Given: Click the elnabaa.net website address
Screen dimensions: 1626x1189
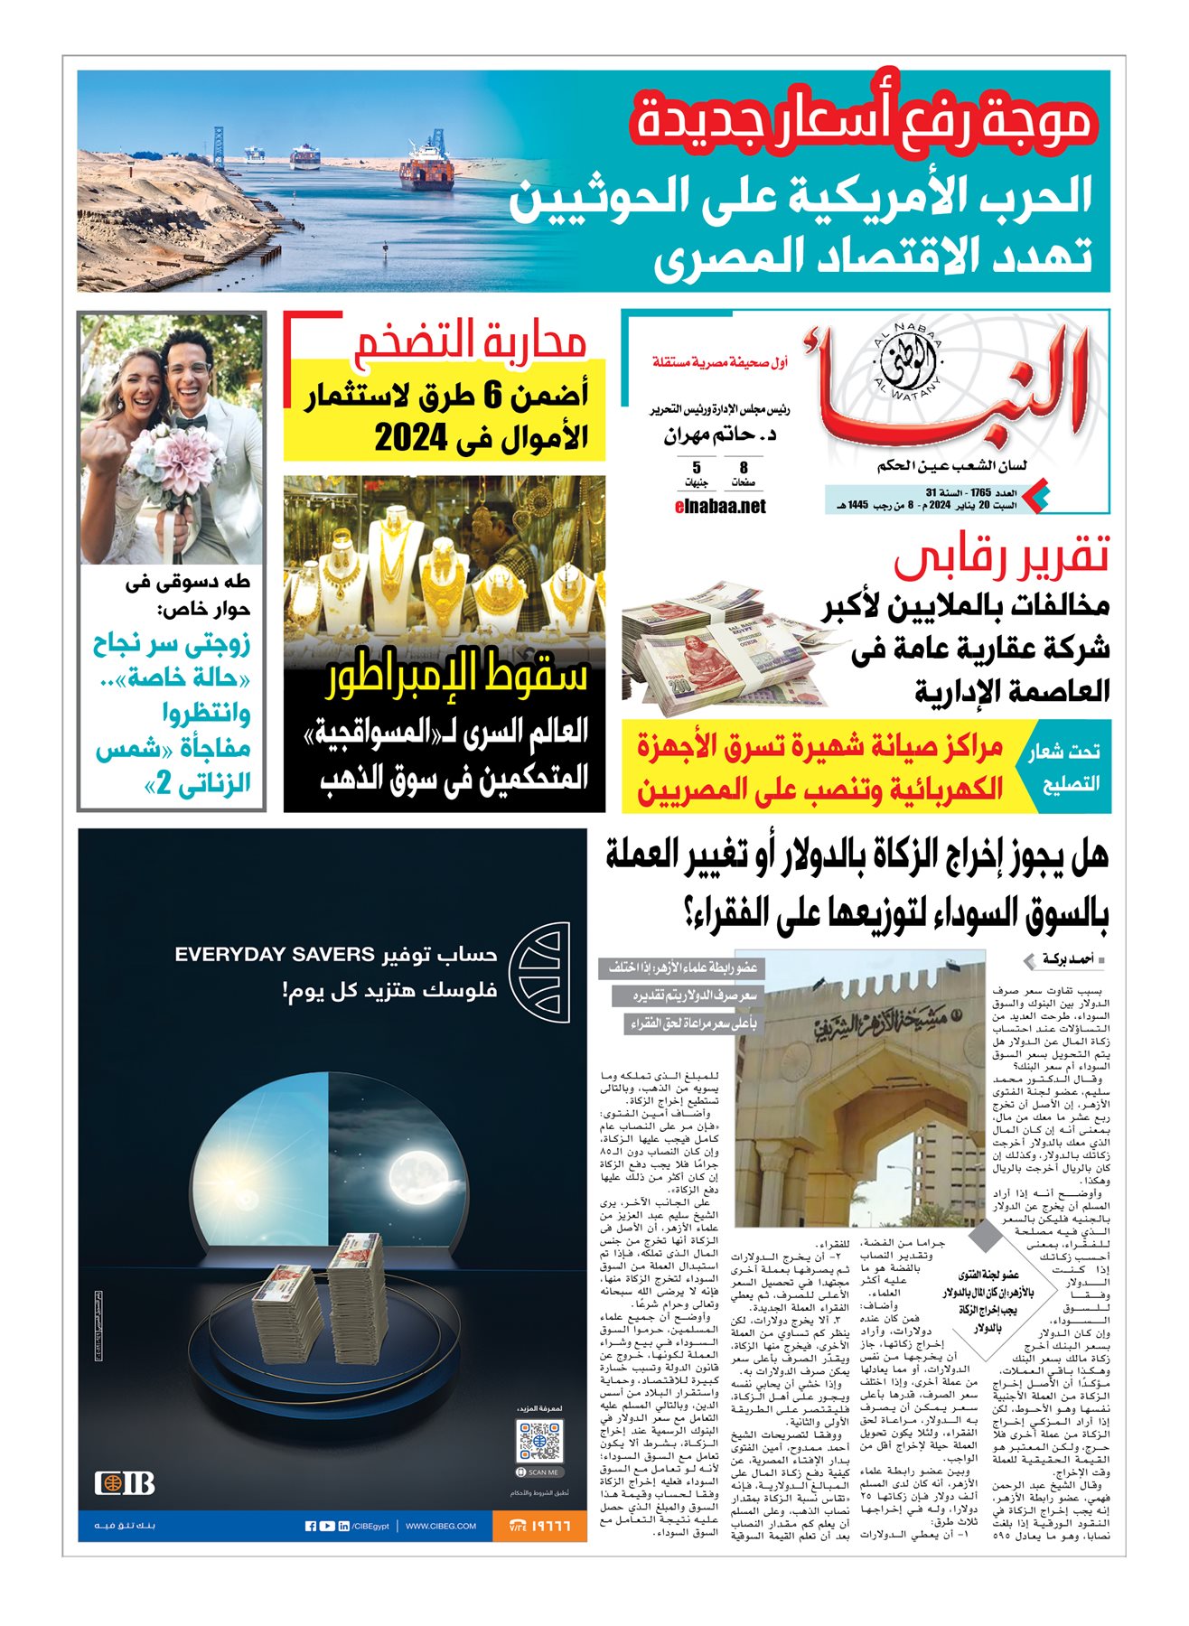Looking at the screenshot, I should pyautogui.click(x=720, y=506).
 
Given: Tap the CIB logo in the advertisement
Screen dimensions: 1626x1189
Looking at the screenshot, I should pyautogui.click(x=125, y=1482).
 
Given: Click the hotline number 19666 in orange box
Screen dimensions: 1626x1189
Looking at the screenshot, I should pyautogui.click(x=539, y=1526).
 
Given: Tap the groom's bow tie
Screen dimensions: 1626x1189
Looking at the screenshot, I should pyautogui.click(x=192, y=421).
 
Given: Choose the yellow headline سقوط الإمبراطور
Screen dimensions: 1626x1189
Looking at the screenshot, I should pyautogui.click(x=457, y=674).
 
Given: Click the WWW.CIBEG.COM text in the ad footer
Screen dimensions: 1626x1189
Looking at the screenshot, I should pyautogui.click(x=441, y=1526).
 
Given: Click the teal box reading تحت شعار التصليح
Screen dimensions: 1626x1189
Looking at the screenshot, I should pyautogui.click(x=1063, y=767).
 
